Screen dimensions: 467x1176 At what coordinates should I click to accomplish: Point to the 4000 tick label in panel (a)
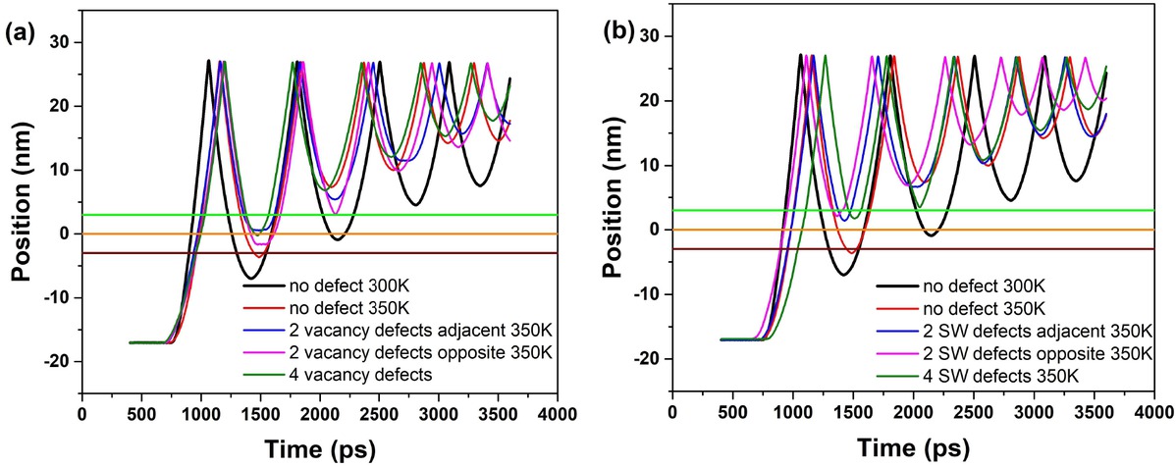[x=557, y=413]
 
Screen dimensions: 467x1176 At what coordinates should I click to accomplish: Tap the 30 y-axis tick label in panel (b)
[x=648, y=36]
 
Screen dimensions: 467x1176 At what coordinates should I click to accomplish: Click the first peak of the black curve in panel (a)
[x=208, y=61]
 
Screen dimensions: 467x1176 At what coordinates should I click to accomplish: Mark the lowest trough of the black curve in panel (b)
[x=843, y=275]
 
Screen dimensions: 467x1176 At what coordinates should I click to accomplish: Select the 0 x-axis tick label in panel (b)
[x=672, y=413]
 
